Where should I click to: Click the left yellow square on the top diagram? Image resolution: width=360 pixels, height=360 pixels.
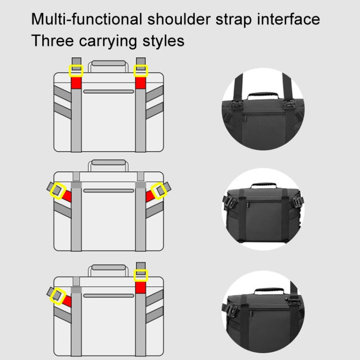coord(76,71)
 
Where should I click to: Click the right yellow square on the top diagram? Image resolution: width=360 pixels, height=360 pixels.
coord(141,71)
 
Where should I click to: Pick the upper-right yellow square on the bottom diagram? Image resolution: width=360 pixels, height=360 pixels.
coord(141,275)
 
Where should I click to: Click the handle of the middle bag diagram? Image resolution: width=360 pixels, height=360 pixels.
coord(108,165)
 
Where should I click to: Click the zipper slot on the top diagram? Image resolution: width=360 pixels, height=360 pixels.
coord(108,91)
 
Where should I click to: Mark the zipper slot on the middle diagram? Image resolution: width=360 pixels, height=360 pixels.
coord(108,191)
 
